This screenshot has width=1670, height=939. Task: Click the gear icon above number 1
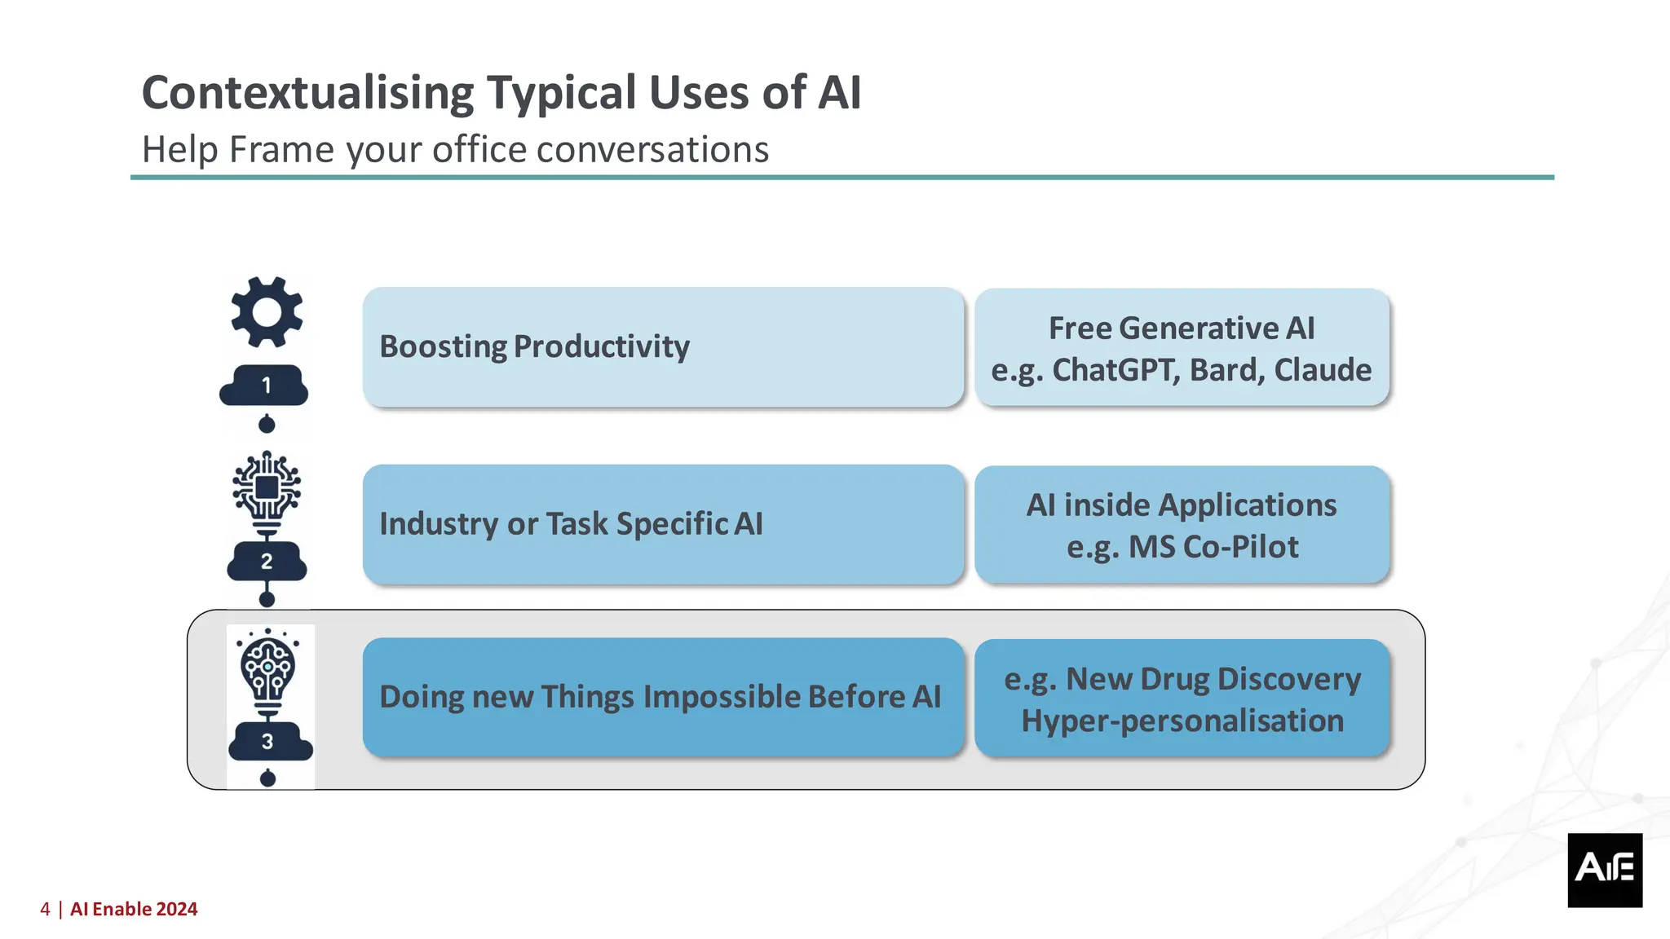coord(267,312)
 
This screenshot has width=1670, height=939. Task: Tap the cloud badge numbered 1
coord(265,386)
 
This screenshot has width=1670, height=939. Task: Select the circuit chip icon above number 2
coord(267,488)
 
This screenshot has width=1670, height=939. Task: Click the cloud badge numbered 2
coord(267,562)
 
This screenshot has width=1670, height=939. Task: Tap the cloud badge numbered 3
coord(269,742)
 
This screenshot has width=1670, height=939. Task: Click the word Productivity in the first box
coord(602,347)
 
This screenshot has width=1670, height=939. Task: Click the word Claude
coord(1323,370)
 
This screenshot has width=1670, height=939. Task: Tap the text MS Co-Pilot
coord(1213,547)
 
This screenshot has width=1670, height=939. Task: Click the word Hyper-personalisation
coord(1182,721)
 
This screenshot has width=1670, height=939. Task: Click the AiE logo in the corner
coord(1604,870)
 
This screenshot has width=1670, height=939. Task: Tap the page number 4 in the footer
coord(45,910)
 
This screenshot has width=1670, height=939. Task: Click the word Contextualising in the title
coord(307,93)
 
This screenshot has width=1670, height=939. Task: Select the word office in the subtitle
coord(479,150)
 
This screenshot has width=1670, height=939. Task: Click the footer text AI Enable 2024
coord(134,910)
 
